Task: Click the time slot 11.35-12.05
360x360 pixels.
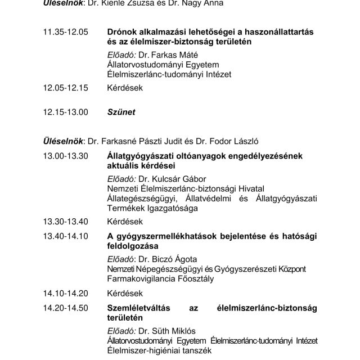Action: [65, 32]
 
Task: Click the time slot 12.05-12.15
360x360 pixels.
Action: [65, 88]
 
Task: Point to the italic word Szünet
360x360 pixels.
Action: [121, 112]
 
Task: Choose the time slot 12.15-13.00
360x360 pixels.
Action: [65, 112]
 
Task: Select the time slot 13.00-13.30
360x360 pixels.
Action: [65, 156]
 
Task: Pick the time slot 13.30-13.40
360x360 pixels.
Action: [65, 221]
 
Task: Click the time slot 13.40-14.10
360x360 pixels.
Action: [65, 236]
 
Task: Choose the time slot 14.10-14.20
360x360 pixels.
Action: [65, 293]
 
